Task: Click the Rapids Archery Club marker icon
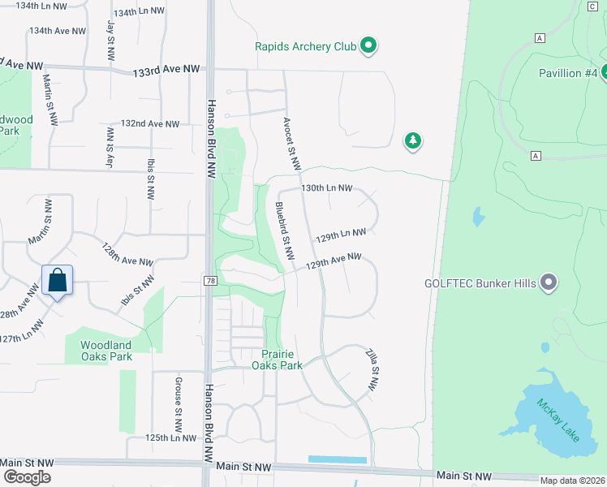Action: [368, 46]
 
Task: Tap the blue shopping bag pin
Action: [58, 281]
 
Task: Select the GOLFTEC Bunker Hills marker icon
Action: [549, 283]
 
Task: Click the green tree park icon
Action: [413, 142]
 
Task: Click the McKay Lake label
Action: [558, 419]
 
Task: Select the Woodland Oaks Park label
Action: [106, 351]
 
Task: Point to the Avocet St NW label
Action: [292, 144]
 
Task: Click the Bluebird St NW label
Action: [282, 231]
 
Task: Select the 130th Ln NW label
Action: [326, 187]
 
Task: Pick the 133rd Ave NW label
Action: [166, 71]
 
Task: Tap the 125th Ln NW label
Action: [171, 437]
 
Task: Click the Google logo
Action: [27, 477]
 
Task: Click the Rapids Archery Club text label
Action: [306, 46]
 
